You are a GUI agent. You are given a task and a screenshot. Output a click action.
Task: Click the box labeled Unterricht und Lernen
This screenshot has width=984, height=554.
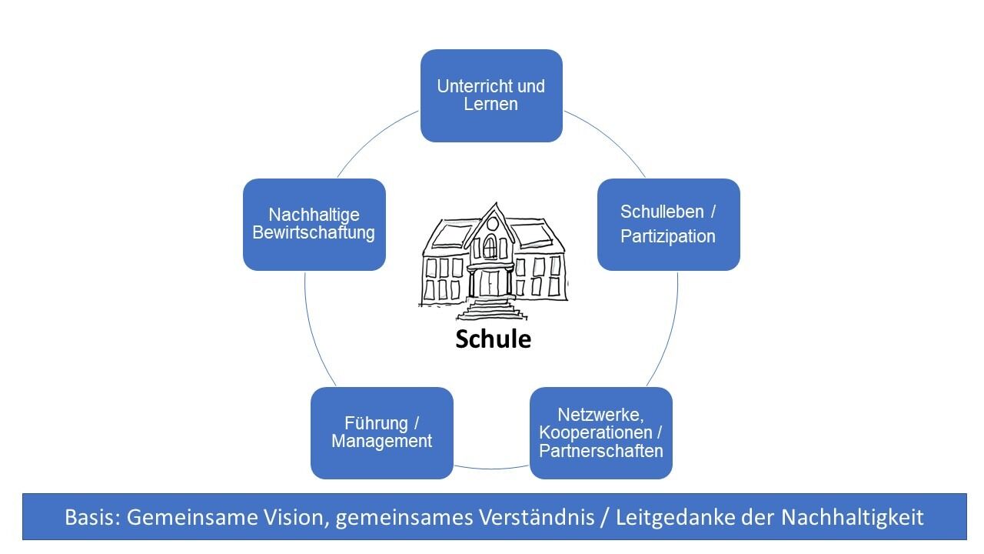(x=491, y=95)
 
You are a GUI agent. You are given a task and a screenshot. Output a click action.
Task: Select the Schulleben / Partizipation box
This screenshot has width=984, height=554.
(x=668, y=224)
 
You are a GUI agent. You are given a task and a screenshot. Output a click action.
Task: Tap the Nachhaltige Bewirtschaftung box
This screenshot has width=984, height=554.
(x=314, y=224)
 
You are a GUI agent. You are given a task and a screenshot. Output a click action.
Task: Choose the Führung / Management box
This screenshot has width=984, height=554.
(x=381, y=432)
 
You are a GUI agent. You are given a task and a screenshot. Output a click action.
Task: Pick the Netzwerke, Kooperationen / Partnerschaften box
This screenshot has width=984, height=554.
(x=600, y=432)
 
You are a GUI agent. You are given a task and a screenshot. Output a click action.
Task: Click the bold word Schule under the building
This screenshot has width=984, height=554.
(x=493, y=339)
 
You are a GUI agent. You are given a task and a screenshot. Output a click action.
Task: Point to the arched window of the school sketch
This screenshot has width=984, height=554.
(x=490, y=246)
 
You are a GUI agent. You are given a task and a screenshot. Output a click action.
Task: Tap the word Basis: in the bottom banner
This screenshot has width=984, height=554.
(x=93, y=517)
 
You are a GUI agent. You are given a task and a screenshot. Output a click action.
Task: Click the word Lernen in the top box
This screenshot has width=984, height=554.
(x=490, y=105)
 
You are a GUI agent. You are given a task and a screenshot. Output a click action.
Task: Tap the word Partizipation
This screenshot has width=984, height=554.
(x=668, y=236)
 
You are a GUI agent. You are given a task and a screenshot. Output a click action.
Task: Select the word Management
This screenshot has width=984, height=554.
(x=381, y=442)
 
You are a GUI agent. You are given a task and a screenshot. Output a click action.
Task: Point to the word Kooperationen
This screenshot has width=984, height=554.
(x=593, y=433)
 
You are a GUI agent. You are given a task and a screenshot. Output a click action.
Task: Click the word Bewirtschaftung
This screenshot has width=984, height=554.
(x=314, y=232)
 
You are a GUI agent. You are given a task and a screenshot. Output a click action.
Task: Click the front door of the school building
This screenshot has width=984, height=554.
(x=490, y=283)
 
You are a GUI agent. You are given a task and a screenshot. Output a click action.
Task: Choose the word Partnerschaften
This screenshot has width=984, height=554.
(x=600, y=451)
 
